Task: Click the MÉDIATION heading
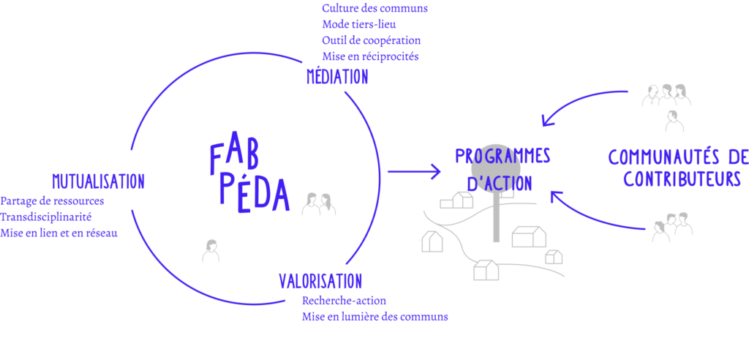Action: (337, 77)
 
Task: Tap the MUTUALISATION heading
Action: (99, 181)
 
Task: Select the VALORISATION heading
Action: (320, 281)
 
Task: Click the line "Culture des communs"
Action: (374, 8)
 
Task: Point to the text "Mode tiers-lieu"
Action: (358, 24)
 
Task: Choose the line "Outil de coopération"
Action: (371, 41)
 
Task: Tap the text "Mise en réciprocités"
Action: (370, 57)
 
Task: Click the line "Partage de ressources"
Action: (52, 201)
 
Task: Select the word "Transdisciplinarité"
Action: (46, 217)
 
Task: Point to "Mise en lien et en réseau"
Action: (59, 233)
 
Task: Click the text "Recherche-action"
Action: (344, 301)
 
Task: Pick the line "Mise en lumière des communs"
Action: (375, 317)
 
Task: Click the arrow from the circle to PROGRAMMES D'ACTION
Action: (414, 171)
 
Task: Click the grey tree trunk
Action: (496, 216)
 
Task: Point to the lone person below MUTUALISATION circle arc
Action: (211, 250)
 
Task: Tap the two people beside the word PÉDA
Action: (319, 204)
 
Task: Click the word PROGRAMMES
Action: (503, 156)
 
